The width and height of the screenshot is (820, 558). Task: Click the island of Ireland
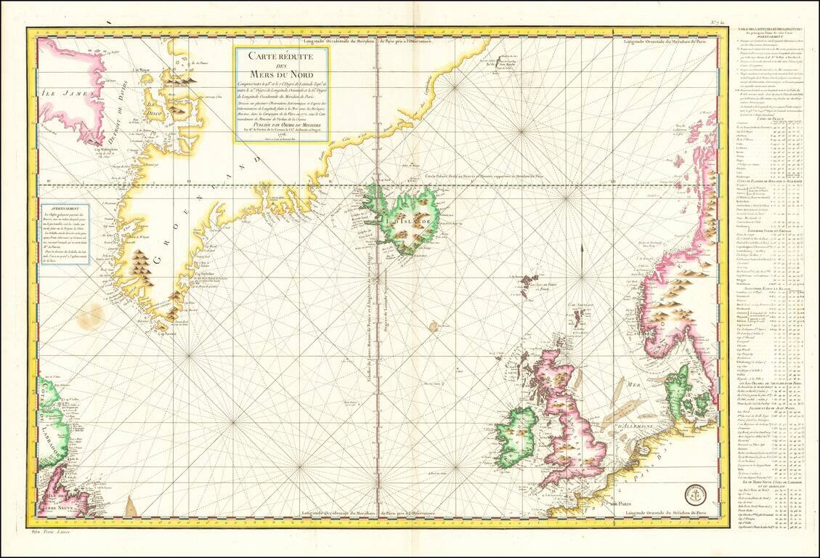click(516, 438)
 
